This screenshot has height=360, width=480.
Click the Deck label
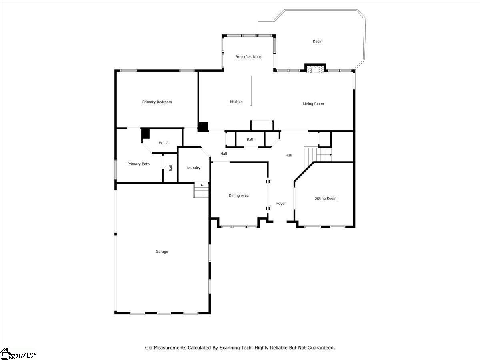[317, 42]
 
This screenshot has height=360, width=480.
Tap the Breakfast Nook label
[248, 57]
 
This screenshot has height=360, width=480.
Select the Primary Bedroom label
[157, 102]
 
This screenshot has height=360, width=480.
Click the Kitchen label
[236, 102]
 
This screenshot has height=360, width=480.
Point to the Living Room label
[313, 104]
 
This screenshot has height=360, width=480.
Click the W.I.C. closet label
[164, 143]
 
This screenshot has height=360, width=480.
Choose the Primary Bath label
[138, 164]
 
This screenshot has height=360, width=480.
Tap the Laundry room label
[193, 168]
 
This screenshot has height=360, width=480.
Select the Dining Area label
[238, 196]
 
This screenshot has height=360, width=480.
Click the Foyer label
[281, 204]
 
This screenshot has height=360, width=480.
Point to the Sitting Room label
[325, 198]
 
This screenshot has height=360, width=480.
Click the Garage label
[162, 252]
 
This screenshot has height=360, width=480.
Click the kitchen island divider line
[251, 91]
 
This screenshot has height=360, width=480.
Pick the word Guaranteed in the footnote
[320, 348]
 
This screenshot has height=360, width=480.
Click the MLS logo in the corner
[18, 354]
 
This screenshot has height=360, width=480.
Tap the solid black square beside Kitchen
[203, 127]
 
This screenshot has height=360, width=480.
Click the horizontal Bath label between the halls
[250, 140]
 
